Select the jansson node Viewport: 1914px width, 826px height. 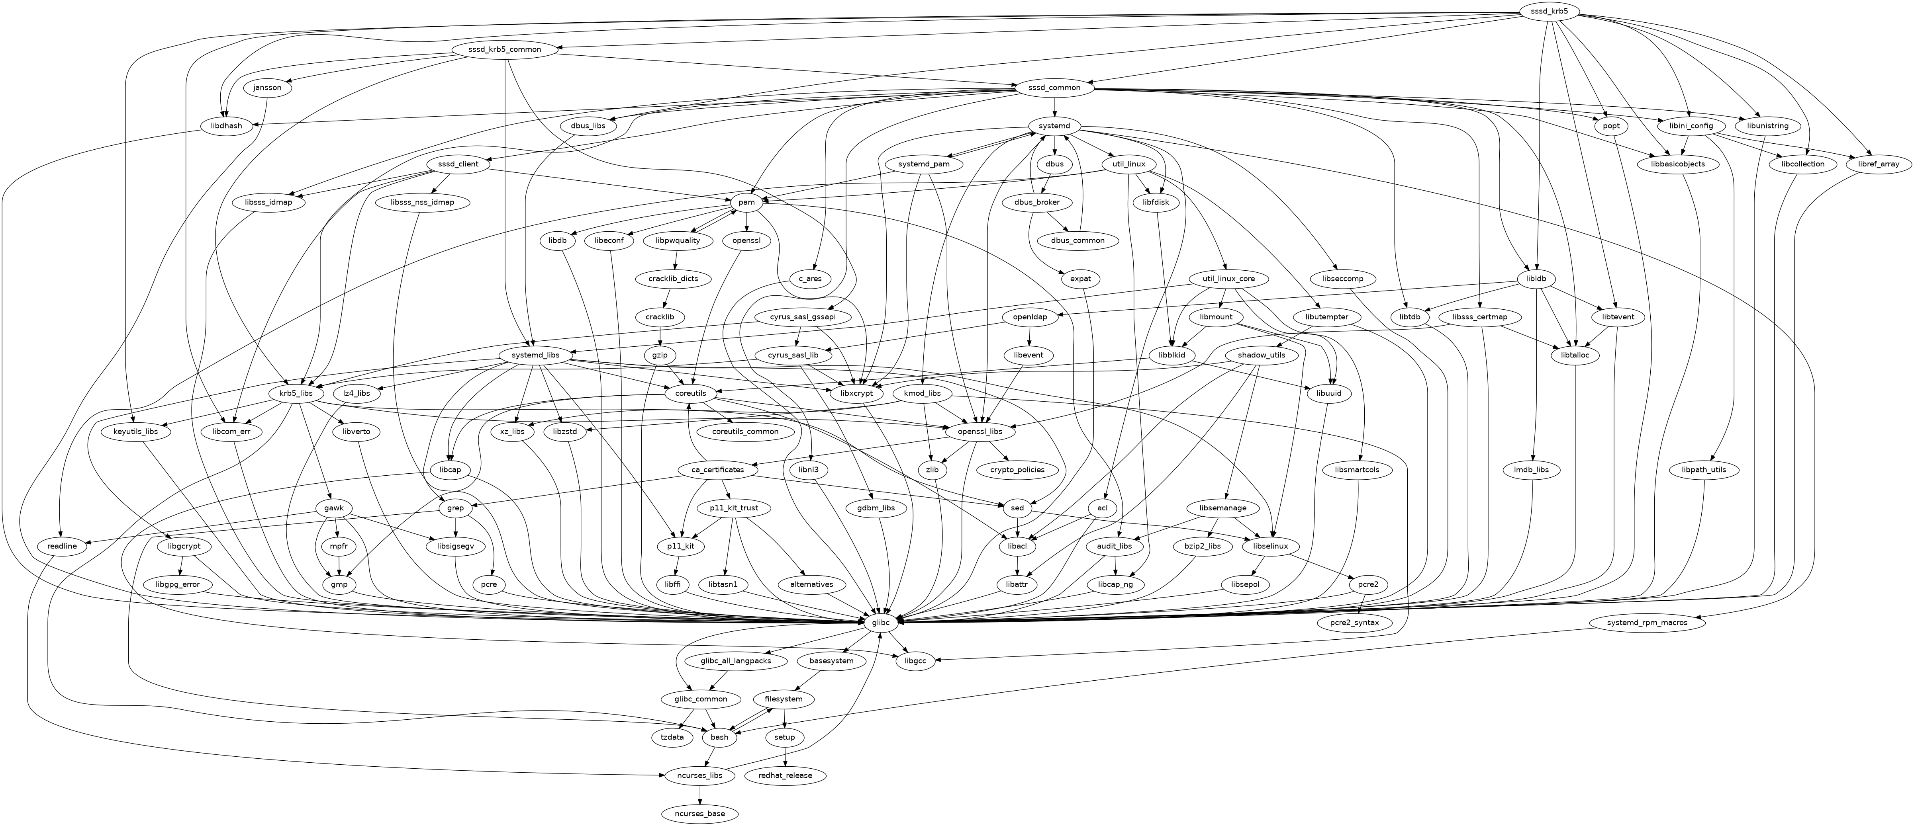tap(267, 88)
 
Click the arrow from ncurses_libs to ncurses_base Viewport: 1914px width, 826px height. tap(699, 795)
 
